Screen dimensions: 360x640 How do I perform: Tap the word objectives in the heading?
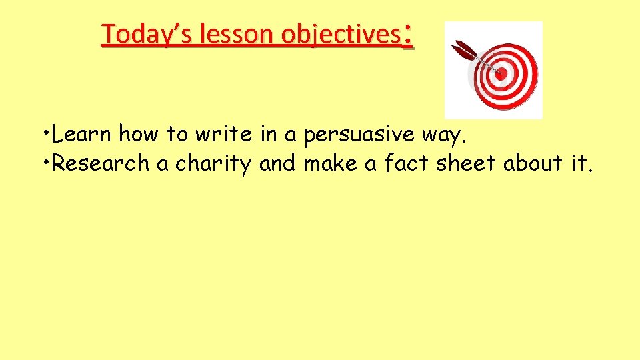pyautogui.click(x=339, y=35)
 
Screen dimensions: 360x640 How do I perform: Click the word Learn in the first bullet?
pyautogui.click(x=82, y=135)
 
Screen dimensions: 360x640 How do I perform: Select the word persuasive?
pyautogui.click(x=359, y=135)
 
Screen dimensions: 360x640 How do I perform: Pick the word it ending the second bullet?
pyautogui.click(x=581, y=163)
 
